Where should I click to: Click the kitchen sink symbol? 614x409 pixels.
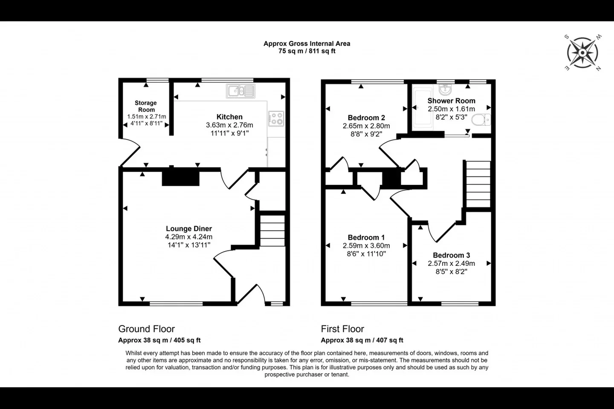240,91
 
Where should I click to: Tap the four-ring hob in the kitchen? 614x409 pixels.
276,118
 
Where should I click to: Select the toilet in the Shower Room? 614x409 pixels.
481,120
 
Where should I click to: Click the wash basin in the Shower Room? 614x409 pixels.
446,89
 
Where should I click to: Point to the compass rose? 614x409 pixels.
582,53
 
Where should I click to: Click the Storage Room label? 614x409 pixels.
146,106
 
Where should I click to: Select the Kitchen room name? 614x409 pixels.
229,117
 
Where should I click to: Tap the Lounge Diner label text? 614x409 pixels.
189,228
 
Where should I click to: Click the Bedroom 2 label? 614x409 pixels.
366,118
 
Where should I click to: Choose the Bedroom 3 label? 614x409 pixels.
452,255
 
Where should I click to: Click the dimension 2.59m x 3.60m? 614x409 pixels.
366,246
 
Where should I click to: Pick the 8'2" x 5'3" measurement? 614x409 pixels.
452,117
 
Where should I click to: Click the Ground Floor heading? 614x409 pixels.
146,329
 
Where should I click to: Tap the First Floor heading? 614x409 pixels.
343,329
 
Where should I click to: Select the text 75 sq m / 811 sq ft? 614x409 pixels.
307,51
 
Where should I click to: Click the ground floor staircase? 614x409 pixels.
272,230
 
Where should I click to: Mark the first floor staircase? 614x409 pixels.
478,184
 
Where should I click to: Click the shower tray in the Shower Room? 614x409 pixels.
423,108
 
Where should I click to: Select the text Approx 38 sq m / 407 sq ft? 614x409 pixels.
362,340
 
